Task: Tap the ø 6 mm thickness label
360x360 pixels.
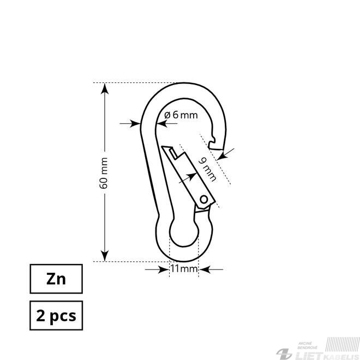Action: pyautogui.click(x=181, y=115)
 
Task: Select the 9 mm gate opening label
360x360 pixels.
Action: pyautogui.click(x=207, y=170)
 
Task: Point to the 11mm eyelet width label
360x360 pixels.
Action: pyautogui.click(x=184, y=269)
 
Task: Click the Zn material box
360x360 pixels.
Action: pyautogui.click(x=56, y=279)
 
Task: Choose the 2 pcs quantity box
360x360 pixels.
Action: pyautogui.click(x=56, y=315)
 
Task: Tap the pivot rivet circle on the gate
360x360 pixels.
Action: pyautogui.click(x=204, y=199)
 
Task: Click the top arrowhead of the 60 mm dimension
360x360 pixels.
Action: pyautogui.click(x=105, y=88)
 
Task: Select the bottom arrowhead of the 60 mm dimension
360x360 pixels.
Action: pyautogui.click(x=105, y=256)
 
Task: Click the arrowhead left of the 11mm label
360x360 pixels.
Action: pyautogui.click(x=164, y=269)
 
